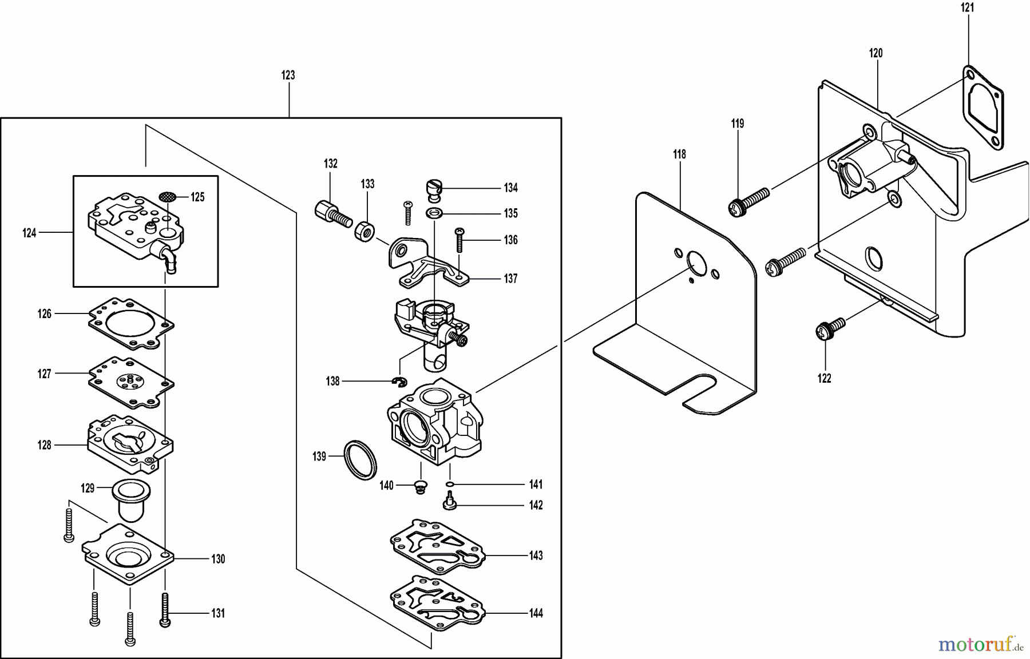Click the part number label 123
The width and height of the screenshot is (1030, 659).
pyautogui.click(x=288, y=75)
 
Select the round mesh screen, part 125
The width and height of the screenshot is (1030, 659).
pyautogui.click(x=167, y=196)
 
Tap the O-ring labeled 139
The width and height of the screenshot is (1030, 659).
pyautogui.click(x=360, y=460)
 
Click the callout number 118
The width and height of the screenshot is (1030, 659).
pyautogui.click(x=679, y=154)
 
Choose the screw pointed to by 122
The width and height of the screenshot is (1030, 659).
pyautogui.click(x=827, y=329)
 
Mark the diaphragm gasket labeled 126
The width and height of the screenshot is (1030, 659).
pyautogui.click(x=131, y=323)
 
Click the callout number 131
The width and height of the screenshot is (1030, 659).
pyautogui.click(x=218, y=614)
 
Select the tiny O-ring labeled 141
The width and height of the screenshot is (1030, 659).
pyautogui.click(x=450, y=485)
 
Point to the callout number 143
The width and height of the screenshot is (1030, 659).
pyautogui.click(x=536, y=556)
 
